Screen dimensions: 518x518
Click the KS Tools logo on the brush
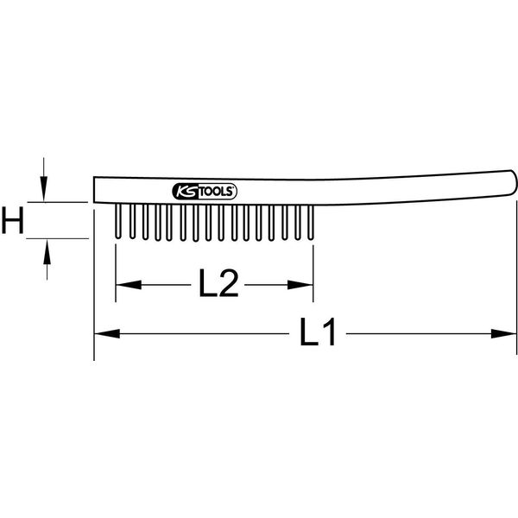point(205,192)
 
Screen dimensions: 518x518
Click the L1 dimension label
point(318,332)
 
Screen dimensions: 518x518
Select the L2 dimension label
point(218,283)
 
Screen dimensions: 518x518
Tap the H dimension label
point(13,220)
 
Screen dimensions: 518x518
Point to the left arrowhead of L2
point(129,285)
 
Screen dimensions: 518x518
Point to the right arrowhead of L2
point(300,285)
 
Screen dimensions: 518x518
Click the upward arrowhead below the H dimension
point(47,252)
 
